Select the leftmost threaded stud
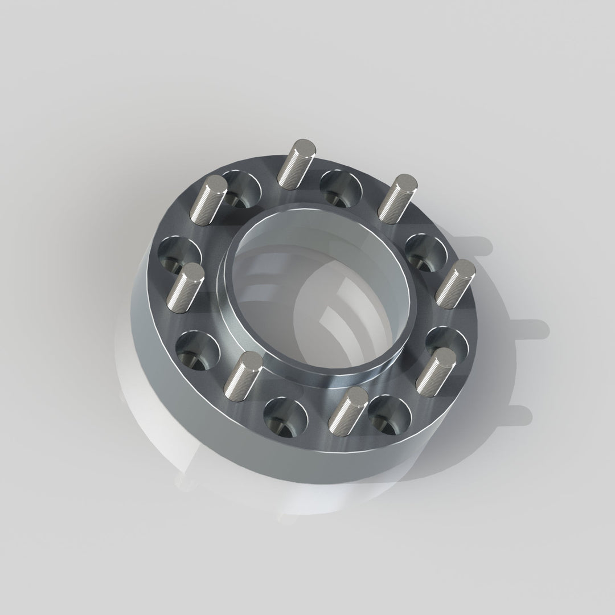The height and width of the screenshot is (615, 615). (x=186, y=286)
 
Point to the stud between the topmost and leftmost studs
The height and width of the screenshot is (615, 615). (x=210, y=199)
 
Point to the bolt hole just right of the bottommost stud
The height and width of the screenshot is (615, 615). (x=389, y=413)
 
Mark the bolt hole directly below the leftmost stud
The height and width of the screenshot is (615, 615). (x=197, y=349)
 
